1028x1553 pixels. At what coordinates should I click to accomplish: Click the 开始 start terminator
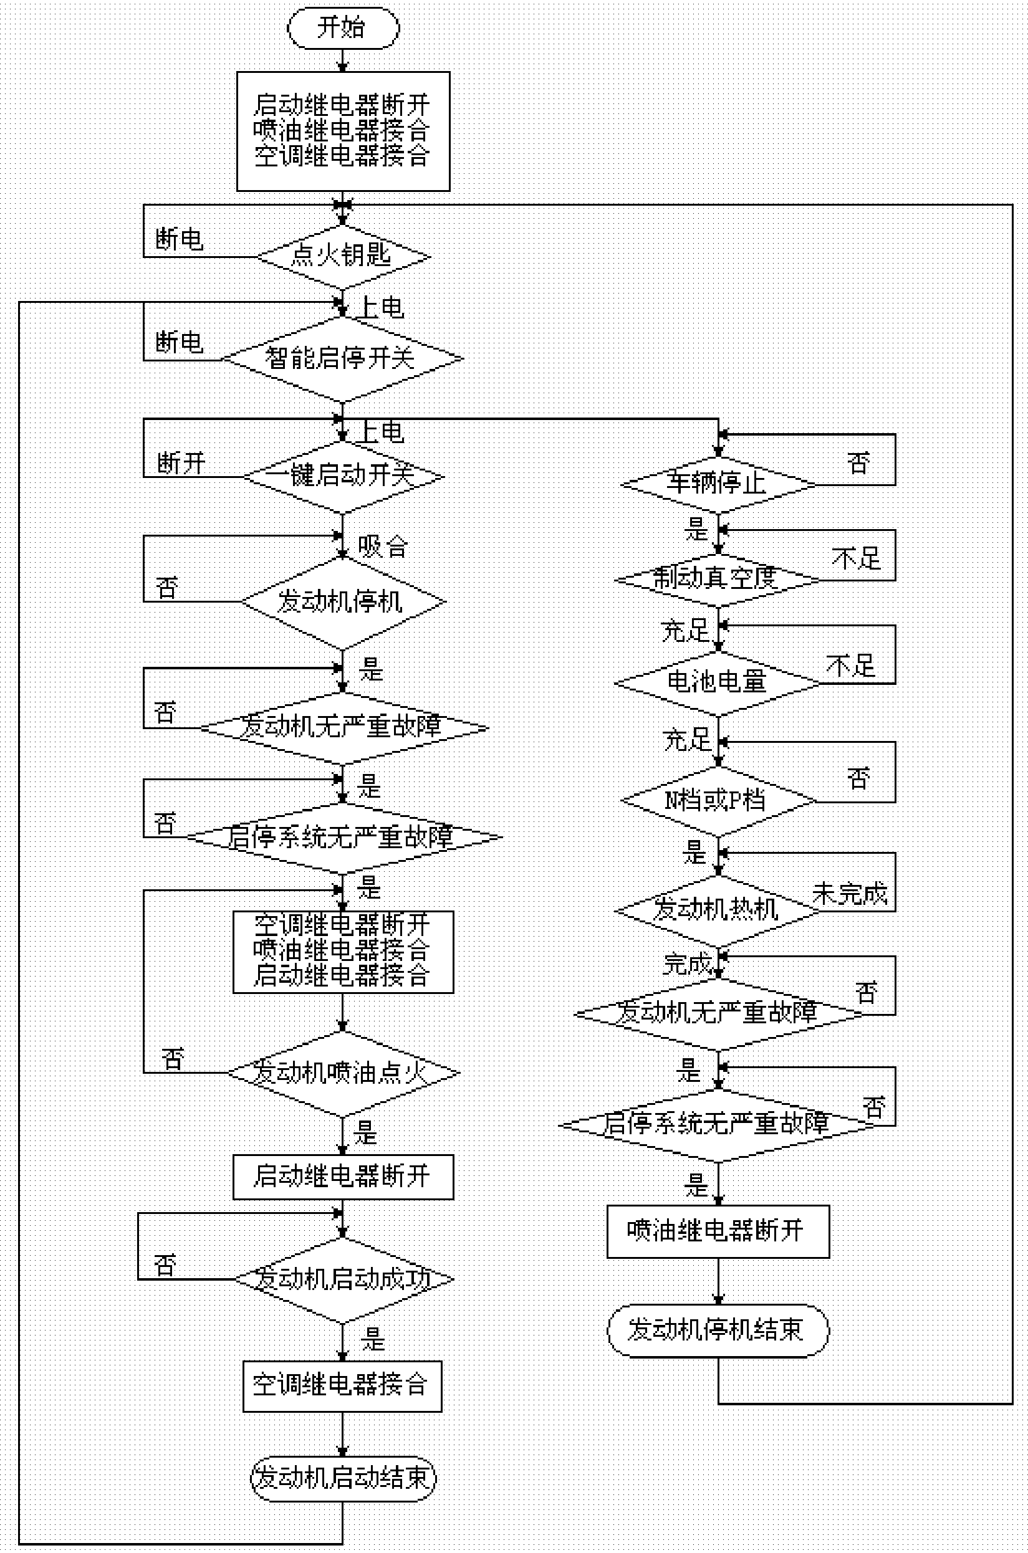pos(343,28)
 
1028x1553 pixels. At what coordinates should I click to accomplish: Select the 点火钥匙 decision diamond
pos(342,256)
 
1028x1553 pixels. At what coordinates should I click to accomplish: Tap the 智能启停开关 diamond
pos(342,358)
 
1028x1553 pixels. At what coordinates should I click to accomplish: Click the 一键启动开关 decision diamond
pos(343,476)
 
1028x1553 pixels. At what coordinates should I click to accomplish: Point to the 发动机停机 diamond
pos(343,601)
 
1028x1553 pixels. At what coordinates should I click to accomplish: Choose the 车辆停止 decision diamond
pos(718,485)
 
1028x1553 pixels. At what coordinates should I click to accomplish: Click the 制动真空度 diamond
pos(718,580)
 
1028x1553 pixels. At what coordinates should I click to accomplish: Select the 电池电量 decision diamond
pos(718,682)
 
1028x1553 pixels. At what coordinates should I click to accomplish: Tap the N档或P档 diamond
pos(718,800)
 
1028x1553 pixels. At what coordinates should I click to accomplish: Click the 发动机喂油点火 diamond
pos(343,1073)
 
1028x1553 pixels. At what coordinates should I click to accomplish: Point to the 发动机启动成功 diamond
pos(343,1278)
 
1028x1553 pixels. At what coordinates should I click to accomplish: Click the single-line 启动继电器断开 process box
pos(343,1177)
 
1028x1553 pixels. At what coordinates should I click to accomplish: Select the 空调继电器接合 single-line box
pos(342,1386)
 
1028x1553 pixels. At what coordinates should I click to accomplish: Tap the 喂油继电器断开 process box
pos(718,1231)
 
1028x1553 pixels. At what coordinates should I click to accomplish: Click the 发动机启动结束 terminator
pos(343,1478)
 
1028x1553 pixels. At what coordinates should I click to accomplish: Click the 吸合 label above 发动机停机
pos(383,546)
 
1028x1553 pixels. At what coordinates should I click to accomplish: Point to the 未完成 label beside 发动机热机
pos(850,893)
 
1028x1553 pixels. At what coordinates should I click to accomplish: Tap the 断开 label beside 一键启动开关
pos(181,463)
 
